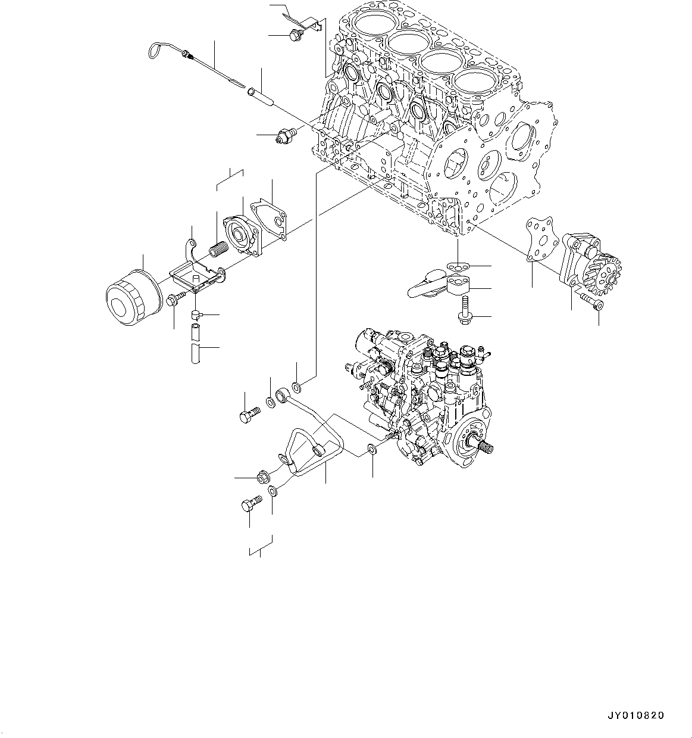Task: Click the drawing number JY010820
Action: coord(635,715)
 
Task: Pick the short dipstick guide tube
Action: coord(261,96)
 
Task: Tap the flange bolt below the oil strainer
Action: coord(465,315)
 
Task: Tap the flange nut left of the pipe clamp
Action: coord(262,477)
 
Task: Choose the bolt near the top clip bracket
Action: coord(295,36)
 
